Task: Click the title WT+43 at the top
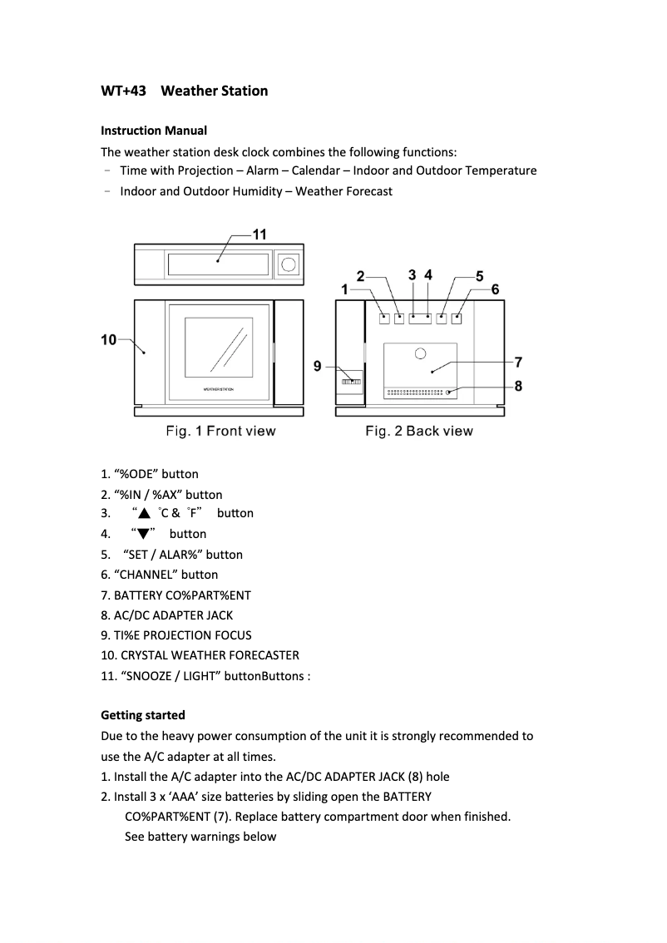[x=123, y=91]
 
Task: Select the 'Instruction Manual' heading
[x=154, y=131]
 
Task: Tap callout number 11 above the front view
[x=259, y=235]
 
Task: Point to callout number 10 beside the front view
[x=108, y=339]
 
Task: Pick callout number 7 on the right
[x=518, y=362]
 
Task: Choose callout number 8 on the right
[x=518, y=386]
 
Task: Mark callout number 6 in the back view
[x=495, y=289]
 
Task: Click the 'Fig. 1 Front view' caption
[x=220, y=431]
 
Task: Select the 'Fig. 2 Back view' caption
[x=419, y=431]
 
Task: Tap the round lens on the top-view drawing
[x=289, y=264]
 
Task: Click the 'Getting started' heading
[x=143, y=715]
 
